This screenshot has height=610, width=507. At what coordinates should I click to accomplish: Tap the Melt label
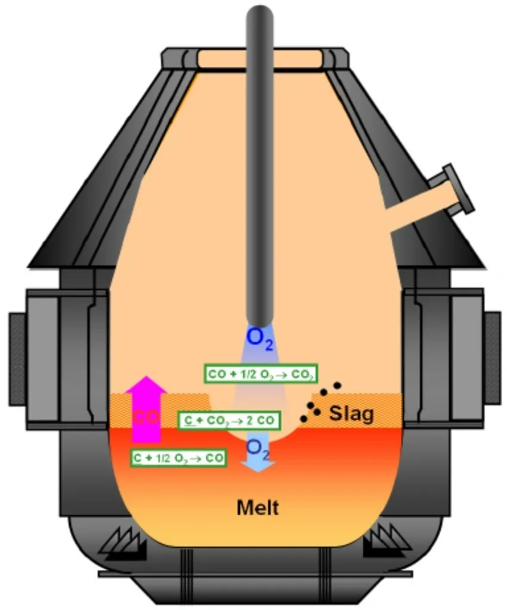point(258,508)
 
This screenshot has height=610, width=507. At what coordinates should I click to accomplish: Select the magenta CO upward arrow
point(146,405)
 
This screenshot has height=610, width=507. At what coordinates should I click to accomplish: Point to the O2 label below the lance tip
point(260,338)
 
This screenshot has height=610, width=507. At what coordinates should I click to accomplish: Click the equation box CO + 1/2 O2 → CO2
point(260,374)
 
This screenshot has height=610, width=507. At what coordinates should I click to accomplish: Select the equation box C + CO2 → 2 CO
point(229,420)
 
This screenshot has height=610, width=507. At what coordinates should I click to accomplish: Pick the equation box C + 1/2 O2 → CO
point(180,458)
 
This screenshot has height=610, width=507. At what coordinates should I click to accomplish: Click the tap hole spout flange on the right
point(459,189)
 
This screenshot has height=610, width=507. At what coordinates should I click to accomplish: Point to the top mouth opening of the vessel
point(260,58)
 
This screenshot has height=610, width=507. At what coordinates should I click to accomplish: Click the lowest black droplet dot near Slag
point(304,419)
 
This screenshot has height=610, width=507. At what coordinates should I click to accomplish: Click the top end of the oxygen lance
point(260,15)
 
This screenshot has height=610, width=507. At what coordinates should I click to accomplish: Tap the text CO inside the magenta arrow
point(146,416)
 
